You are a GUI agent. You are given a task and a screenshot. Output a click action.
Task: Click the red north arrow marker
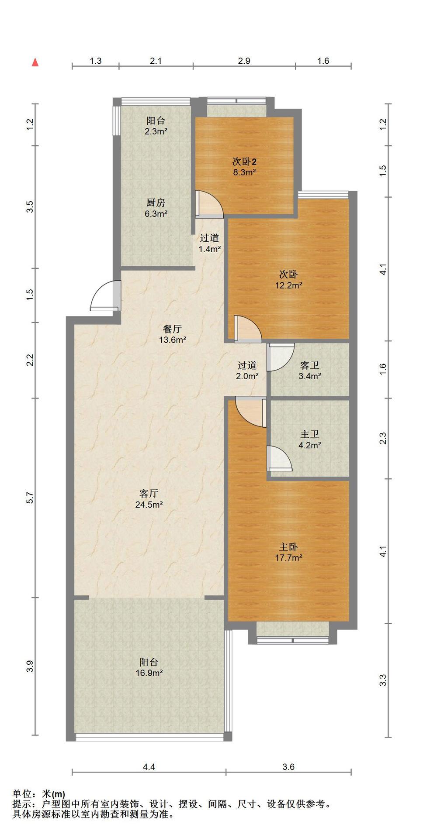pyautogui.click(x=35, y=62)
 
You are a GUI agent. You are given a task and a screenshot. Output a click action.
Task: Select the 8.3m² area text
pyautogui.click(x=244, y=172)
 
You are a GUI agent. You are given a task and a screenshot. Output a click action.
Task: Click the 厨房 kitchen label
pyautogui.click(x=156, y=203)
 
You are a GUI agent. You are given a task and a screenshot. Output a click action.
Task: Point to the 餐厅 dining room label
pyautogui.click(x=172, y=329)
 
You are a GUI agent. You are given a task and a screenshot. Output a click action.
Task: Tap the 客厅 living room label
pyautogui.click(x=149, y=494)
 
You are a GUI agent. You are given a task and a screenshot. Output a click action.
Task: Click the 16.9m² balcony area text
pyautogui.click(x=149, y=673)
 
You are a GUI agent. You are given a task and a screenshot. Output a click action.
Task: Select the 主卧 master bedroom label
pyautogui.click(x=288, y=547)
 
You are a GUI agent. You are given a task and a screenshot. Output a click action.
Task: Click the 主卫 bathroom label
pyautogui.click(x=310, y=434)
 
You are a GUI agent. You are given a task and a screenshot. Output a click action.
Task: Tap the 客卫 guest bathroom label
pyautogui.click(x=310, y=365)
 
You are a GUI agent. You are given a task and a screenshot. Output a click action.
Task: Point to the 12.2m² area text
pyautogui.click(x=288, y=286)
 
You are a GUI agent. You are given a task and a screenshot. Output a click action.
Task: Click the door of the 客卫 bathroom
pyautogui.click(x=281, y=357)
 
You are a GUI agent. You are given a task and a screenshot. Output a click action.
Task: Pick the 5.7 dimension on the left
pyautogui.click(x=30, y=498)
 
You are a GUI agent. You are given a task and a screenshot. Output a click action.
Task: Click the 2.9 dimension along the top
pyautogui.click(x=244, y=61)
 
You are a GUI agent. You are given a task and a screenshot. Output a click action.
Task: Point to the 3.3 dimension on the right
pyautogui.click(x=383, y=680)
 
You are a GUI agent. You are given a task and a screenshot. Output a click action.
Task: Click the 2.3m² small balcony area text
pyautogui.click(x=156, y=131)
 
